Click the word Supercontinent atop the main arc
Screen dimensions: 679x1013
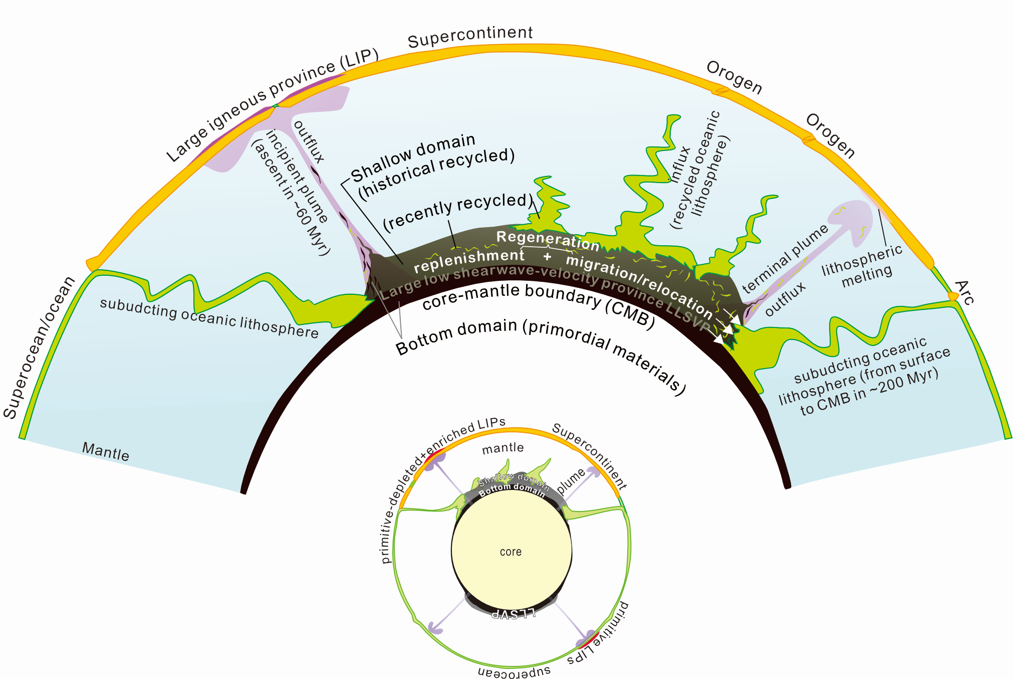tap(470, 37)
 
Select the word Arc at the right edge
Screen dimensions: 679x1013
tap(964, 293)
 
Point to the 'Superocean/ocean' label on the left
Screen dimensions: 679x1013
tap(38, 348)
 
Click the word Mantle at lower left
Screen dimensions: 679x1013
tap(105, 451)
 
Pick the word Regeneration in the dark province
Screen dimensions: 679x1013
tap(548, 240)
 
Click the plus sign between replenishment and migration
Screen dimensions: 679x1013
tap(547, 257)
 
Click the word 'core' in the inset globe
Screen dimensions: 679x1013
tap(511, 552)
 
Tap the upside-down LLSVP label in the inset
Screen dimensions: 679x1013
tap(514, 613)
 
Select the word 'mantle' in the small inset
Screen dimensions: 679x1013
tap(502, 448)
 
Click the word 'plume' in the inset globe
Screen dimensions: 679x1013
tap(571, 481)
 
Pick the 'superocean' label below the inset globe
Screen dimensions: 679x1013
tap(514, 670)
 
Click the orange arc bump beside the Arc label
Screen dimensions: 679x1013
tap(953, 296)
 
